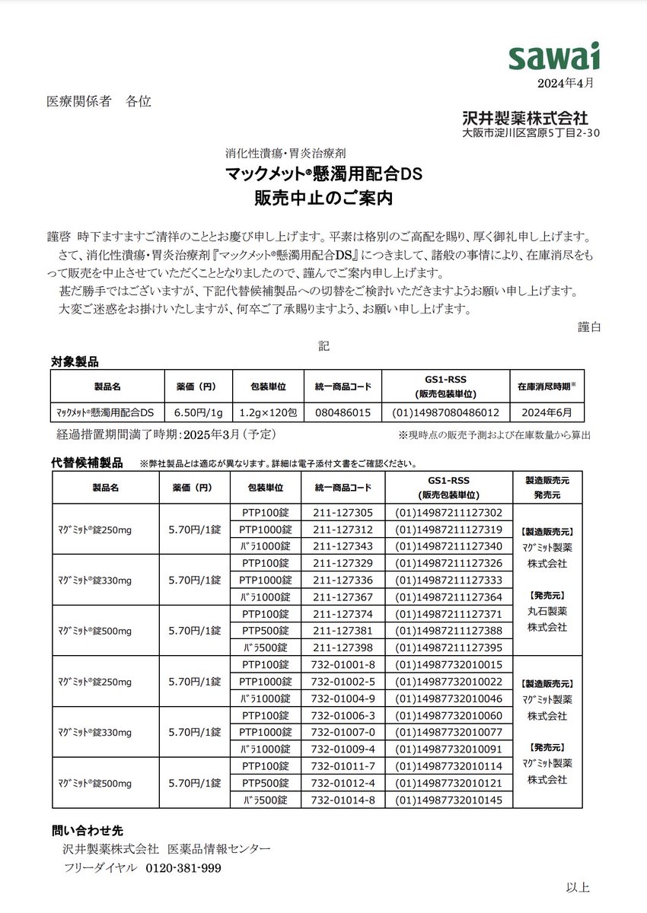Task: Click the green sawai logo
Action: click(554, 58)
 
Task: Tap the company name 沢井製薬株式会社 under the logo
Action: click(524, 118)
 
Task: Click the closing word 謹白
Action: click(589, 326)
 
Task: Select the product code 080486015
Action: click(343, 413)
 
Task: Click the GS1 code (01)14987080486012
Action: click(445, 413)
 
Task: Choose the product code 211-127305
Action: click(343, 513)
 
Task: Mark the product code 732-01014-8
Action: click(343, 800)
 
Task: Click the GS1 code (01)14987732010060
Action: click(448, 716)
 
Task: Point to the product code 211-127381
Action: click(343, 631)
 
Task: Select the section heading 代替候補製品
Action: click(88, 463)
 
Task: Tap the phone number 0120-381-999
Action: click(183, 868)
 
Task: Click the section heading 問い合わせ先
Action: click(82, 829)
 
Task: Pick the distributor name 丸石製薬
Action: click(547, 611)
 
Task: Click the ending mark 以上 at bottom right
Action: click(578, 887)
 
